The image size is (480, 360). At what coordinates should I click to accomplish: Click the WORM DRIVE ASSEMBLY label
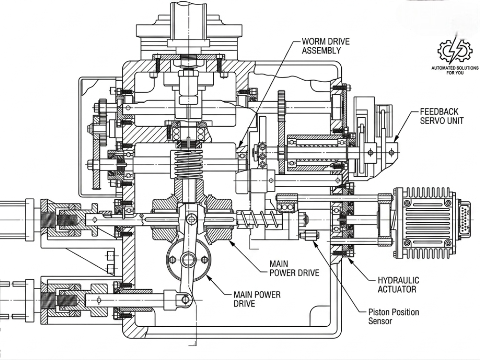point(326,46)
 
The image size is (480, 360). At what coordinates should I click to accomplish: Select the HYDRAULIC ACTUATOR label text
point(398,285)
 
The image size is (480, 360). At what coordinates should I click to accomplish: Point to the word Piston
point(379,312)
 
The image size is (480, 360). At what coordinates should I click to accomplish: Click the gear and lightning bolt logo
point(455,51)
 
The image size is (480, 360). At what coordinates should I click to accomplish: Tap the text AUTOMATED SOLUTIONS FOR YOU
point(455,70)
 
